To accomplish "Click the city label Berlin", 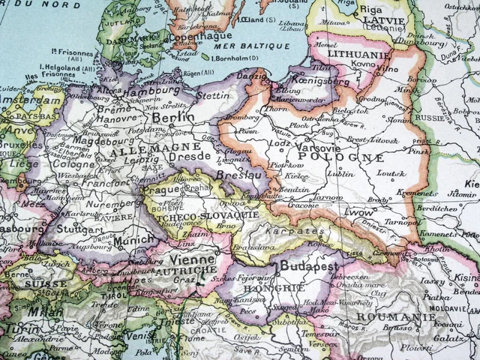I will pyautogui.click(x=172, y=118).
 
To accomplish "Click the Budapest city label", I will pyautogui.click(x=309, y=266).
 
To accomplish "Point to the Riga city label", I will pyautogui.click(x=373, y=9).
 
